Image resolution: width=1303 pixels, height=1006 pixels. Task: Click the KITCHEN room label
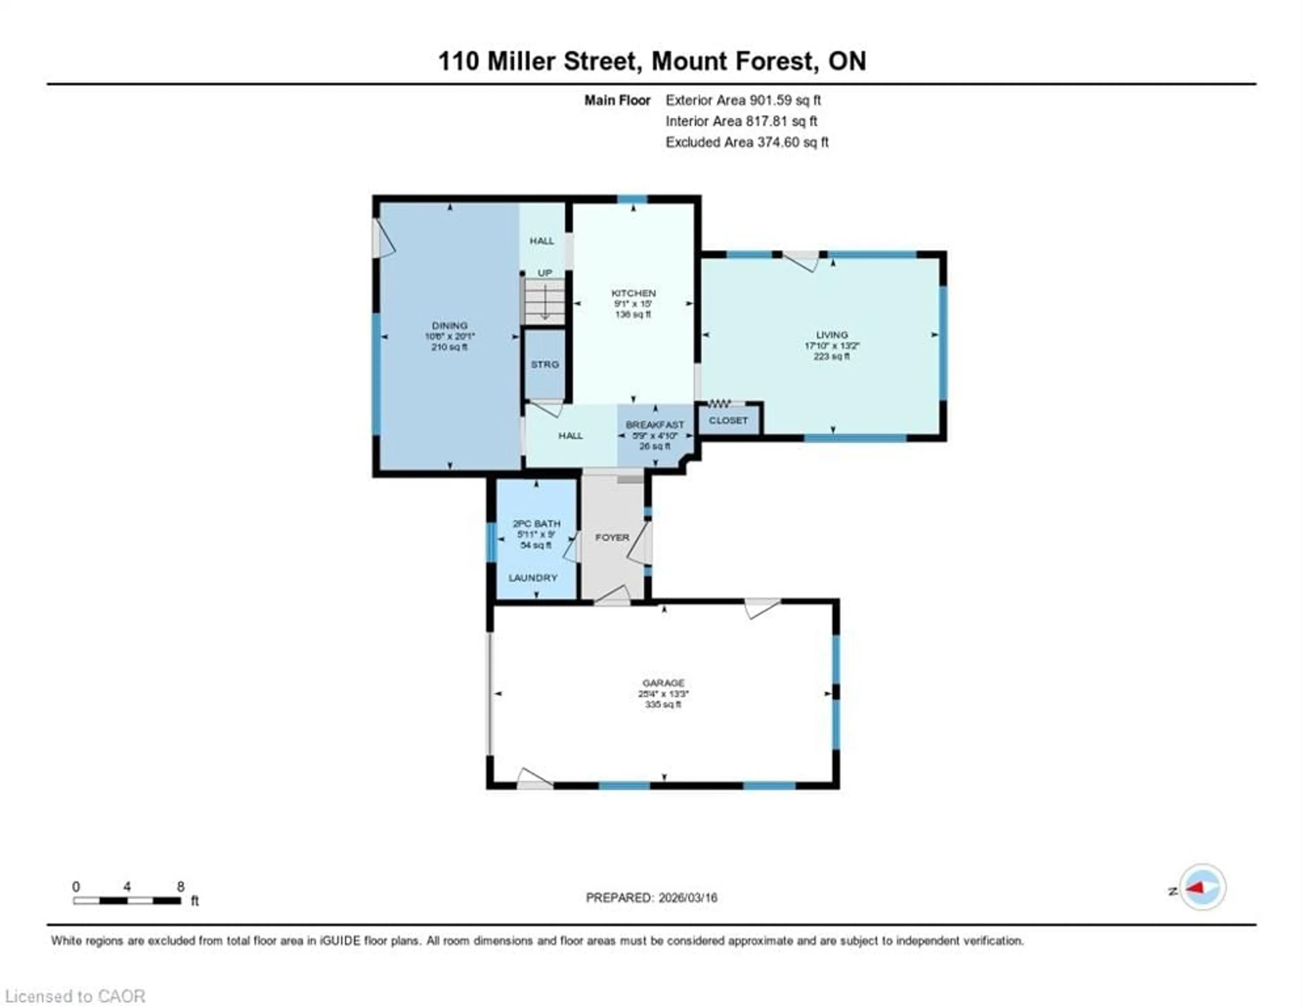pos(633,293)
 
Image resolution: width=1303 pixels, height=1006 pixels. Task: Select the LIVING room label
pos(832,335)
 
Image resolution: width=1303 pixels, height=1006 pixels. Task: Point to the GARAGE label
pos(663,683)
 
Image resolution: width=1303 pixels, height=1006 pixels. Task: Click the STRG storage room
pos(545,364)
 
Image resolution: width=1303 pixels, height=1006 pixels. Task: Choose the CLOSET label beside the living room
pos(728,420)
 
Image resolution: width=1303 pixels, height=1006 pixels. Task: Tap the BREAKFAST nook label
pos(655,425)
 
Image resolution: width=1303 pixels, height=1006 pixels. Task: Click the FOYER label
pos(612,537)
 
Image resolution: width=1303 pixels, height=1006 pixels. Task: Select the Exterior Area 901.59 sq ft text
pos(743,100)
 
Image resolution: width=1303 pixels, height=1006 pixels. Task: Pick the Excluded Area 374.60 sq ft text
pos(747,142)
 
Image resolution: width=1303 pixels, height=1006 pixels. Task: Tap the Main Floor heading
pos(617,100)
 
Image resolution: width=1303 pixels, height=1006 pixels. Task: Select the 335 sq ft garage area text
pos(662,704)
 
